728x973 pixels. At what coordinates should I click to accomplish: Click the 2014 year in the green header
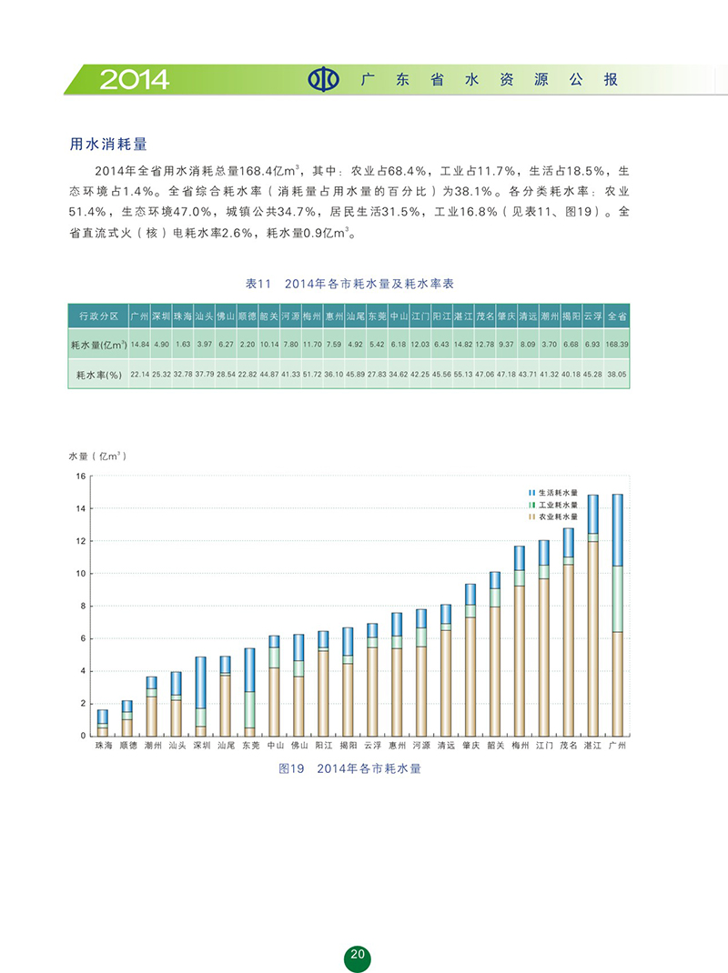click(x=135, y=80)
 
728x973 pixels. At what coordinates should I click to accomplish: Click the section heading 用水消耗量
click(x=109, y=144)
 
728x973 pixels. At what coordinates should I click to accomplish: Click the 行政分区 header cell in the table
click(x=98, y=316)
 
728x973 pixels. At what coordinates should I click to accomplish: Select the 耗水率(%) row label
click(x=96, y=375)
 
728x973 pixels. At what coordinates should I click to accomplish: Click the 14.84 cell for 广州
click(x=139, y=346)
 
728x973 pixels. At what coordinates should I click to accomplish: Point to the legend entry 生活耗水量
click(x=556, y=492)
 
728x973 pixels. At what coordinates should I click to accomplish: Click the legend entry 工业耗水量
click(x=556, y=504)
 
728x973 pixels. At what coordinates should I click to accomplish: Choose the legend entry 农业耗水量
click(x=556, y=516)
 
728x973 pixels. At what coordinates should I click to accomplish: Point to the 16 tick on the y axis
click(x=80, y=476)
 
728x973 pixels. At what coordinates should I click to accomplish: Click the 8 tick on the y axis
click(x=81, y=607)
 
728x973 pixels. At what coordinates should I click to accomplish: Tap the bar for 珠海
click(x=103, y=723)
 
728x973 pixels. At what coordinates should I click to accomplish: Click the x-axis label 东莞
click(x=249, y=745)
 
